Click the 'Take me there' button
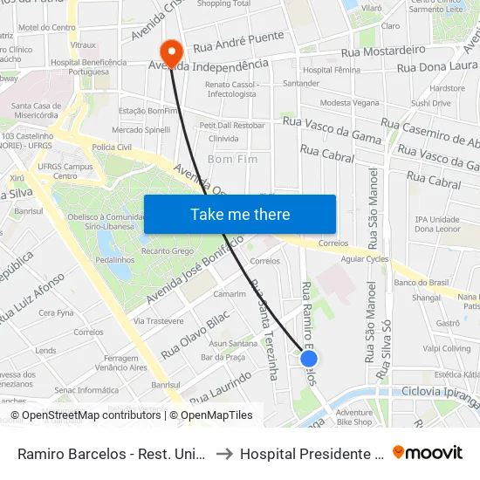[x=240, y=214]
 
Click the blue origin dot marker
[x=309, y=358]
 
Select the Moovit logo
[x=428, y=452]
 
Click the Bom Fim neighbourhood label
[x=232, y=161]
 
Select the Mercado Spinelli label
[x=141, y=130]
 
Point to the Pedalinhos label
[x=114, y=260]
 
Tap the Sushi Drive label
[x=430, y=103]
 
